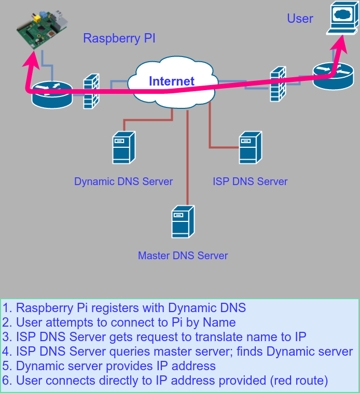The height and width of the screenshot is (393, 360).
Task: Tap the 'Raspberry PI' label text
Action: pyautogui.click(x=119, y=38)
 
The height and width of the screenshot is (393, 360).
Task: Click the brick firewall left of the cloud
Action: pyautogui.click(x=91, y=91)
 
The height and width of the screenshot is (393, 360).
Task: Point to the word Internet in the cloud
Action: pyautogui.click(x=172, y=81)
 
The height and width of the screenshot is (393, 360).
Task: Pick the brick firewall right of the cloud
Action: pyautogui.click(x=278, y=84)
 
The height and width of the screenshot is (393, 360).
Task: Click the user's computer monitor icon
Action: pyautogui.click(x=342, y=18)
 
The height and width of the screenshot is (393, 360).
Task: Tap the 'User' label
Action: pyautogui.click(x=300, y=19)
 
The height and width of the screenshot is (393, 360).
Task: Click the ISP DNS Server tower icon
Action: pyautogui.click(x=250, y=147)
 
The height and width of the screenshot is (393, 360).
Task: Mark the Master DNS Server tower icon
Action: pyautogui.click(x=183, y=221)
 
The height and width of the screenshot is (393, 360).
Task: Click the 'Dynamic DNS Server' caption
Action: pyautogui.click(x=123, y=181)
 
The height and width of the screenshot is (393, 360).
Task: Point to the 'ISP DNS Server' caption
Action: pyautogui.click(x=250, y=181)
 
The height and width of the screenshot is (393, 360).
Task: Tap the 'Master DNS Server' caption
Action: pyautogui.click(x=183, y=256)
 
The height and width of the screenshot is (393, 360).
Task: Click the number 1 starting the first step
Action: pyautogui.click(x=6, y=307)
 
